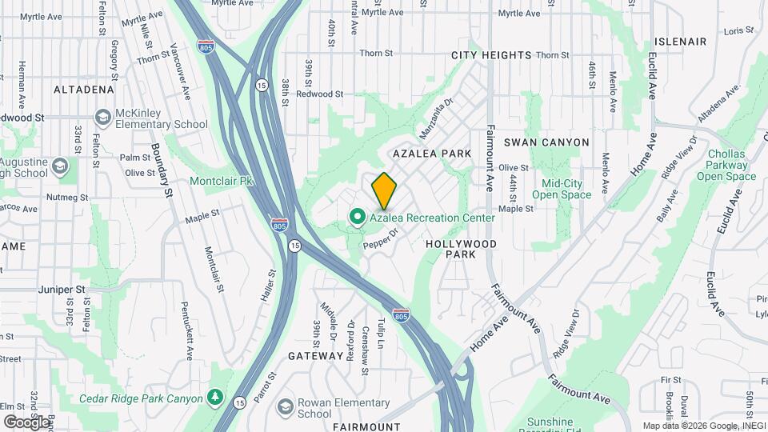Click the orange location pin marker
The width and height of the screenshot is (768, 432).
[x=384, y=190]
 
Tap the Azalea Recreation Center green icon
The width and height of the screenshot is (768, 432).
[x=357, y=217]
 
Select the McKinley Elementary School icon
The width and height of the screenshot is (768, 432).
[x=102, y=118]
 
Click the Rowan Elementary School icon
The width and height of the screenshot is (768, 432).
[x=284, y=408]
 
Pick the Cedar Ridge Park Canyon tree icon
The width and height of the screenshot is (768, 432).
[x=214, y=398]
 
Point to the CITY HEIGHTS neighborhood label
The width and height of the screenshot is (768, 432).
[x=491, y=55]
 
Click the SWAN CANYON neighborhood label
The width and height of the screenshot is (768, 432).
[x=546, y=142]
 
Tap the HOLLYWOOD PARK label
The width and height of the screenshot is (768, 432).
[x=462, y=249]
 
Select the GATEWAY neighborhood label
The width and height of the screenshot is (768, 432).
[x=315, y=355]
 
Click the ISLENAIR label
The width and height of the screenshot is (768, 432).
[x=680, y=41]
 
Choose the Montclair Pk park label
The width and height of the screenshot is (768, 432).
[x=221, y=181]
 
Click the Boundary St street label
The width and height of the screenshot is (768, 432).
[x=162, y=170]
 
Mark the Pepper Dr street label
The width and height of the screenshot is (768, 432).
[x=381, y=238]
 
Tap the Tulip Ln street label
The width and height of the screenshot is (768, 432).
[x=381, y=334]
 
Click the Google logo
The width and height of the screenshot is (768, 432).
[x=26, y=422]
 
